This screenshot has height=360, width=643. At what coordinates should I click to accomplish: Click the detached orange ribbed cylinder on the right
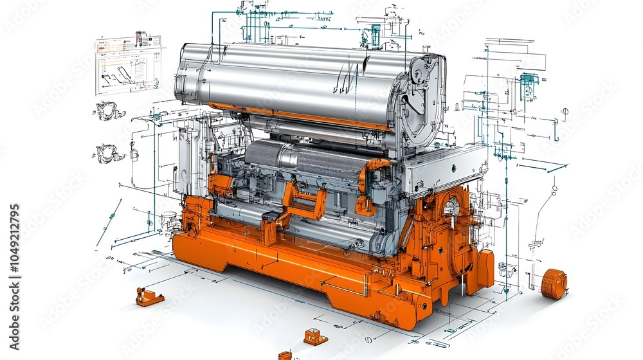pyautogui.click(x=554, y=284)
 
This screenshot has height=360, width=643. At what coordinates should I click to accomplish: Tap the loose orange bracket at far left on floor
pyautogui.click(x=149, y=297)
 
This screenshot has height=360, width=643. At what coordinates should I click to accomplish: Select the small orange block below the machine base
pyautogui.click(x=315, y=336)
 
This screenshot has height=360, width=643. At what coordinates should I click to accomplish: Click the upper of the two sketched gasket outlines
pyautogui.click(x=109, y=111)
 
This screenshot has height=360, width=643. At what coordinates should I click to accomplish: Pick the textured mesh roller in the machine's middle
pyautogui.click(x=302, y=161)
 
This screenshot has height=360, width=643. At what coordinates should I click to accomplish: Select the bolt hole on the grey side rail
pyautogui.click(x=453, y=168)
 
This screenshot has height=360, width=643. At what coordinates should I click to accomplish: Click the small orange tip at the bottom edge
pyautogui.click(x=285, y=355)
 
